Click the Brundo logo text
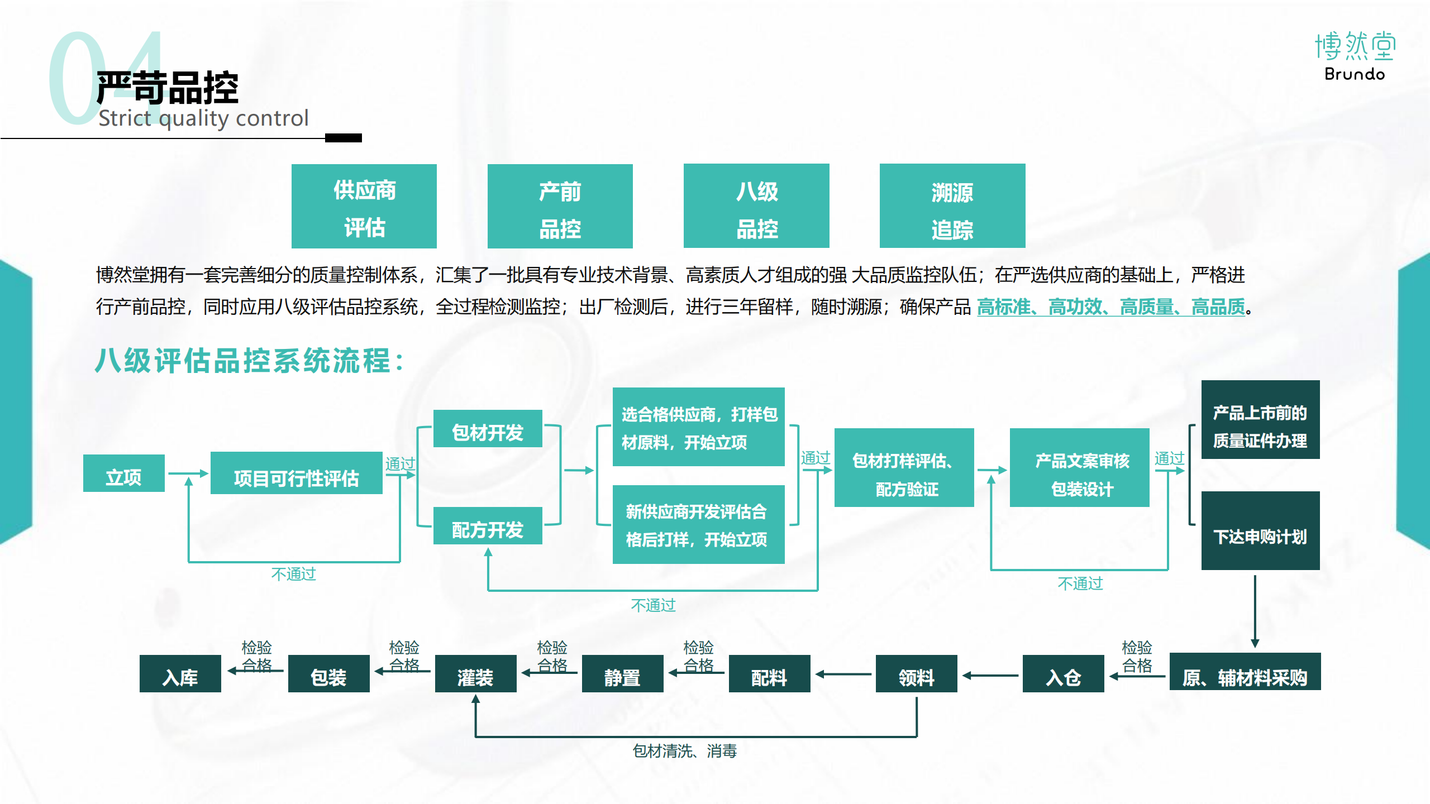coord(1354,74)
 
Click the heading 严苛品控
coord(167,88)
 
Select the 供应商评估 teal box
coord(364,206)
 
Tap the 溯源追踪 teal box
coord(952,206)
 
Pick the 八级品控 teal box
coord(756,206)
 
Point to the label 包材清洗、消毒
coord(684,751)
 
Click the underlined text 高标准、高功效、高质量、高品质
coord(1110,307)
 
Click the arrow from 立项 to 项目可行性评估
coord(188,474)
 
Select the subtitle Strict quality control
coord(203,118)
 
